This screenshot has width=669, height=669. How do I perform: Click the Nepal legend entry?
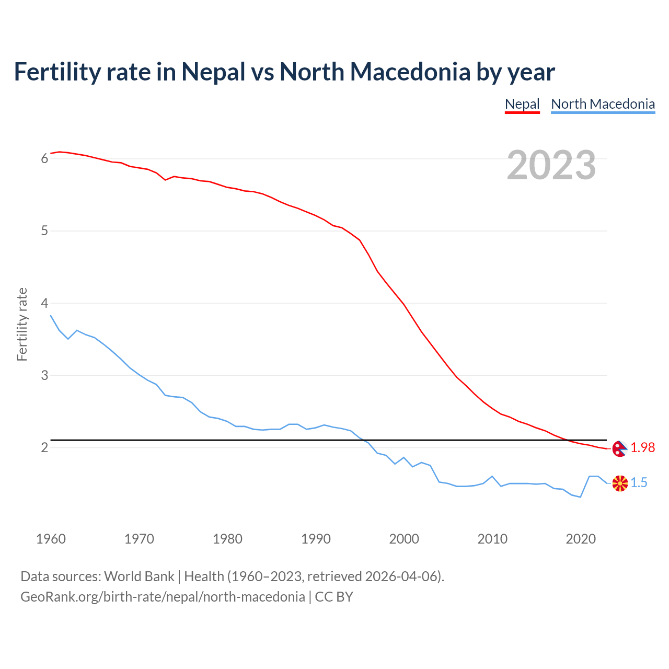pos(522,104)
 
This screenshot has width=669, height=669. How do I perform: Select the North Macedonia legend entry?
pos(603,104)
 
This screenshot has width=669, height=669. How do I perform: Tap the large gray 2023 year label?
pos(551,165)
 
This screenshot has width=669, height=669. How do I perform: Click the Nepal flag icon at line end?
pos(619,448)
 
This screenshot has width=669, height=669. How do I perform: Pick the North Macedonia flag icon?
pos(620,483)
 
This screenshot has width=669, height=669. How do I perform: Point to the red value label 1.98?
pos(642,448)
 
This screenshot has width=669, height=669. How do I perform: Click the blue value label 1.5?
pos(639,483)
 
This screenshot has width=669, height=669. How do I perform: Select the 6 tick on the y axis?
pos(44,159)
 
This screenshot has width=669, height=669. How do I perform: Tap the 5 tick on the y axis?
pos(44,231)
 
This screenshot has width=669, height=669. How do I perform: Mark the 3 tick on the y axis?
pos(44,376)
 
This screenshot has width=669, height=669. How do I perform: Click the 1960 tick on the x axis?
pos(51,539)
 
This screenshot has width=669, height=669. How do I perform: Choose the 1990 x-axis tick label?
pos(316,539)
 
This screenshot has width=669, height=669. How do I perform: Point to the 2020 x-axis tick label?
pos(581,539)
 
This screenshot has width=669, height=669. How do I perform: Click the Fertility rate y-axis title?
pos(22,324)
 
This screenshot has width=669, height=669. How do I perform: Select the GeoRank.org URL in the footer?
pos(163,597)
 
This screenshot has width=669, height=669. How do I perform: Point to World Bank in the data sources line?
pos(139,576)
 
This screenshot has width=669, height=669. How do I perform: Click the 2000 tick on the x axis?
pos(404,539)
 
